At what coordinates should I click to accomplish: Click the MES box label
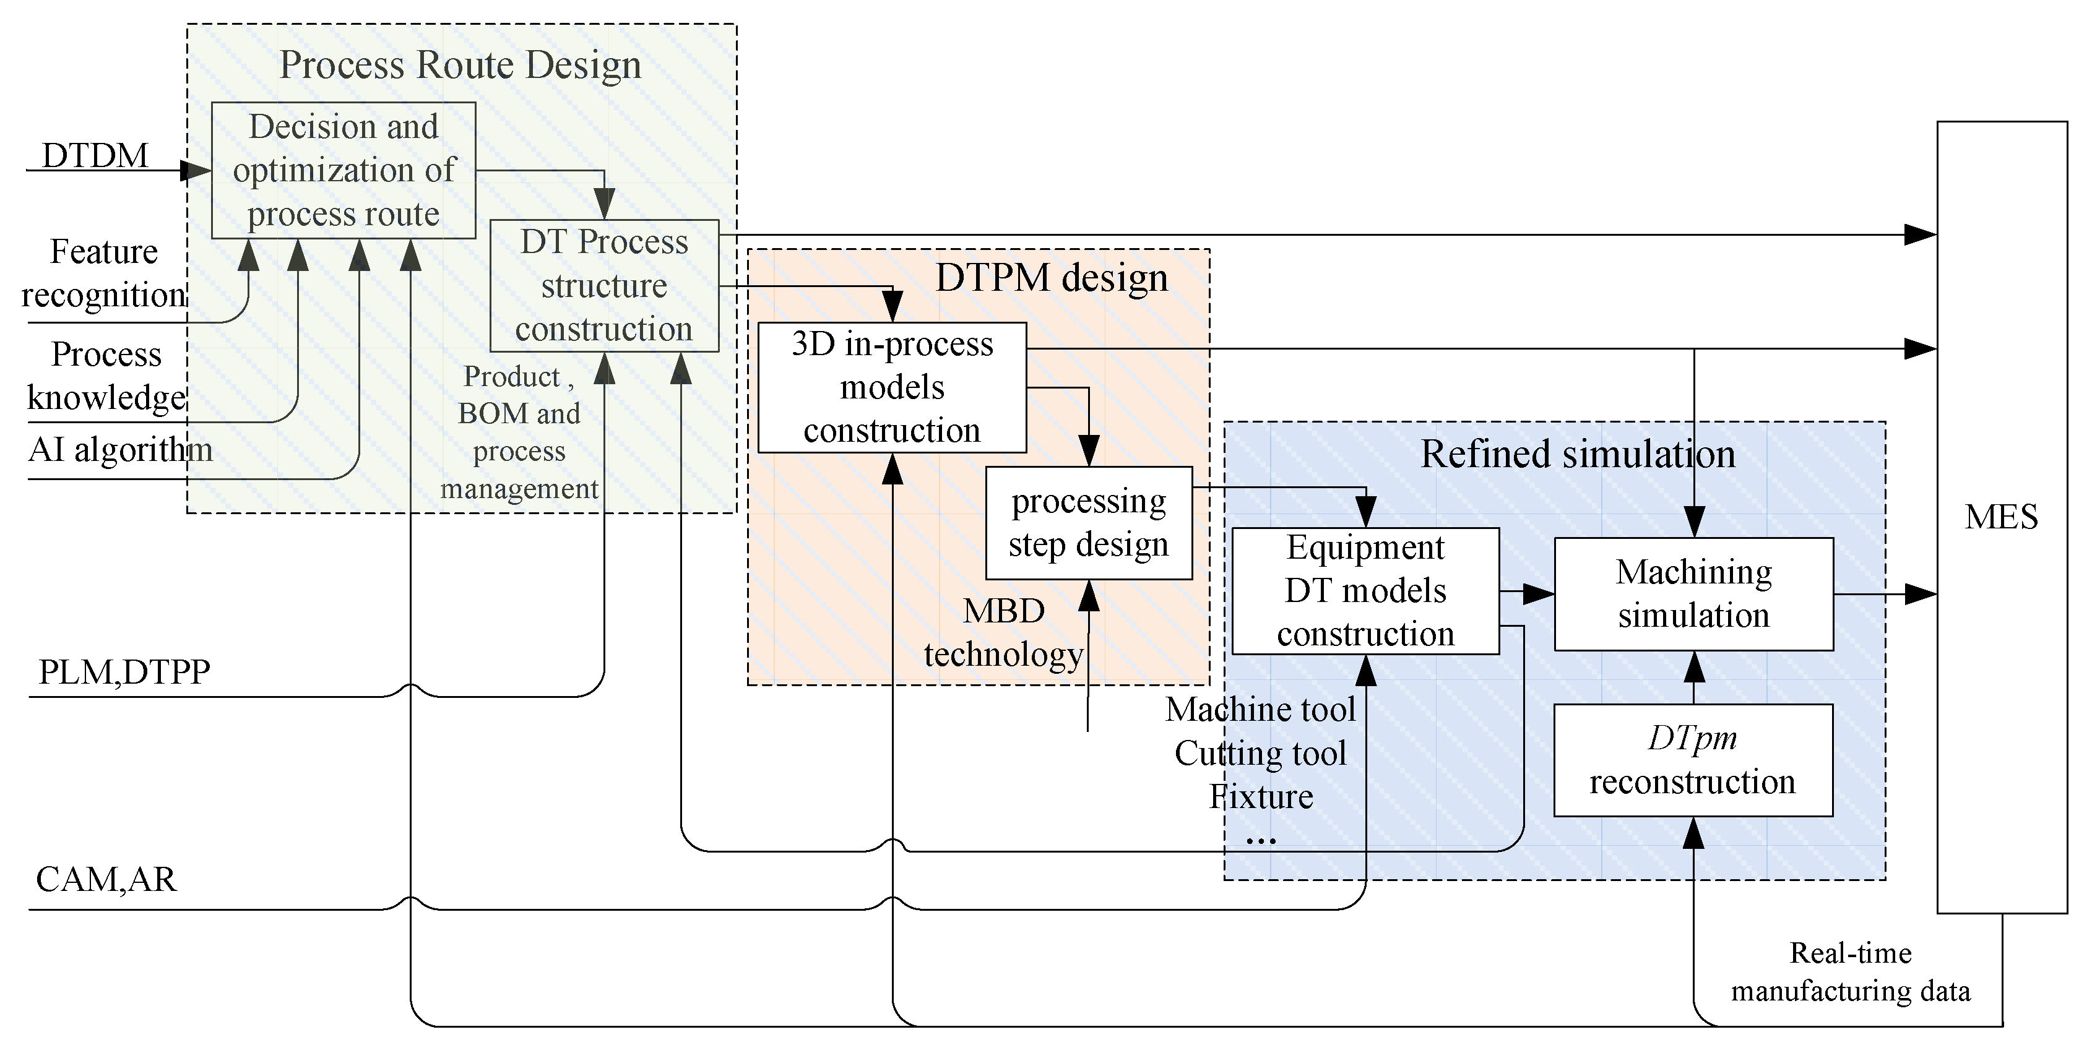[x=2001, y=517]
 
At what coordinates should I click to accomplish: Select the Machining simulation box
[x=1693, y=593]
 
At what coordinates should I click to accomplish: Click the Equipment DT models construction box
[x=1365, y=591]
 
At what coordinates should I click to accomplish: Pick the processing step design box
[x=1088, y=523]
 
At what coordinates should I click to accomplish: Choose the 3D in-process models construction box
[x=892, y=387]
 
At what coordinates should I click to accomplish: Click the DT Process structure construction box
[x=604, y=286]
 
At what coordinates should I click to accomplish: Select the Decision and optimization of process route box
[x=344, y=171]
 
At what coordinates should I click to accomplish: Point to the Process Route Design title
[x=460, y=65]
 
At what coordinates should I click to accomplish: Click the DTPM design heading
[x=1052, y=278]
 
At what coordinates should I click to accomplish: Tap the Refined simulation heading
[x=1577, y=454]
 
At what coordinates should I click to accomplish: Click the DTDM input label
[x=95, y=155]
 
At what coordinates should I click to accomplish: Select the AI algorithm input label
[x=120, y=449]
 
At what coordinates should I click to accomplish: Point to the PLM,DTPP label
[x=124, y=673]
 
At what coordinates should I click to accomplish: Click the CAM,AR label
[x=106, y=879]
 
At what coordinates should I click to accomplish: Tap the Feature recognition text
[x=104, y=273]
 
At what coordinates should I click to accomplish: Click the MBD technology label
[x=1004, y=632]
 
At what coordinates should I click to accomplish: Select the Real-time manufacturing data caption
[x=1850, y=972]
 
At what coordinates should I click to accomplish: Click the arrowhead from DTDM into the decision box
[x=195, y=171]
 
